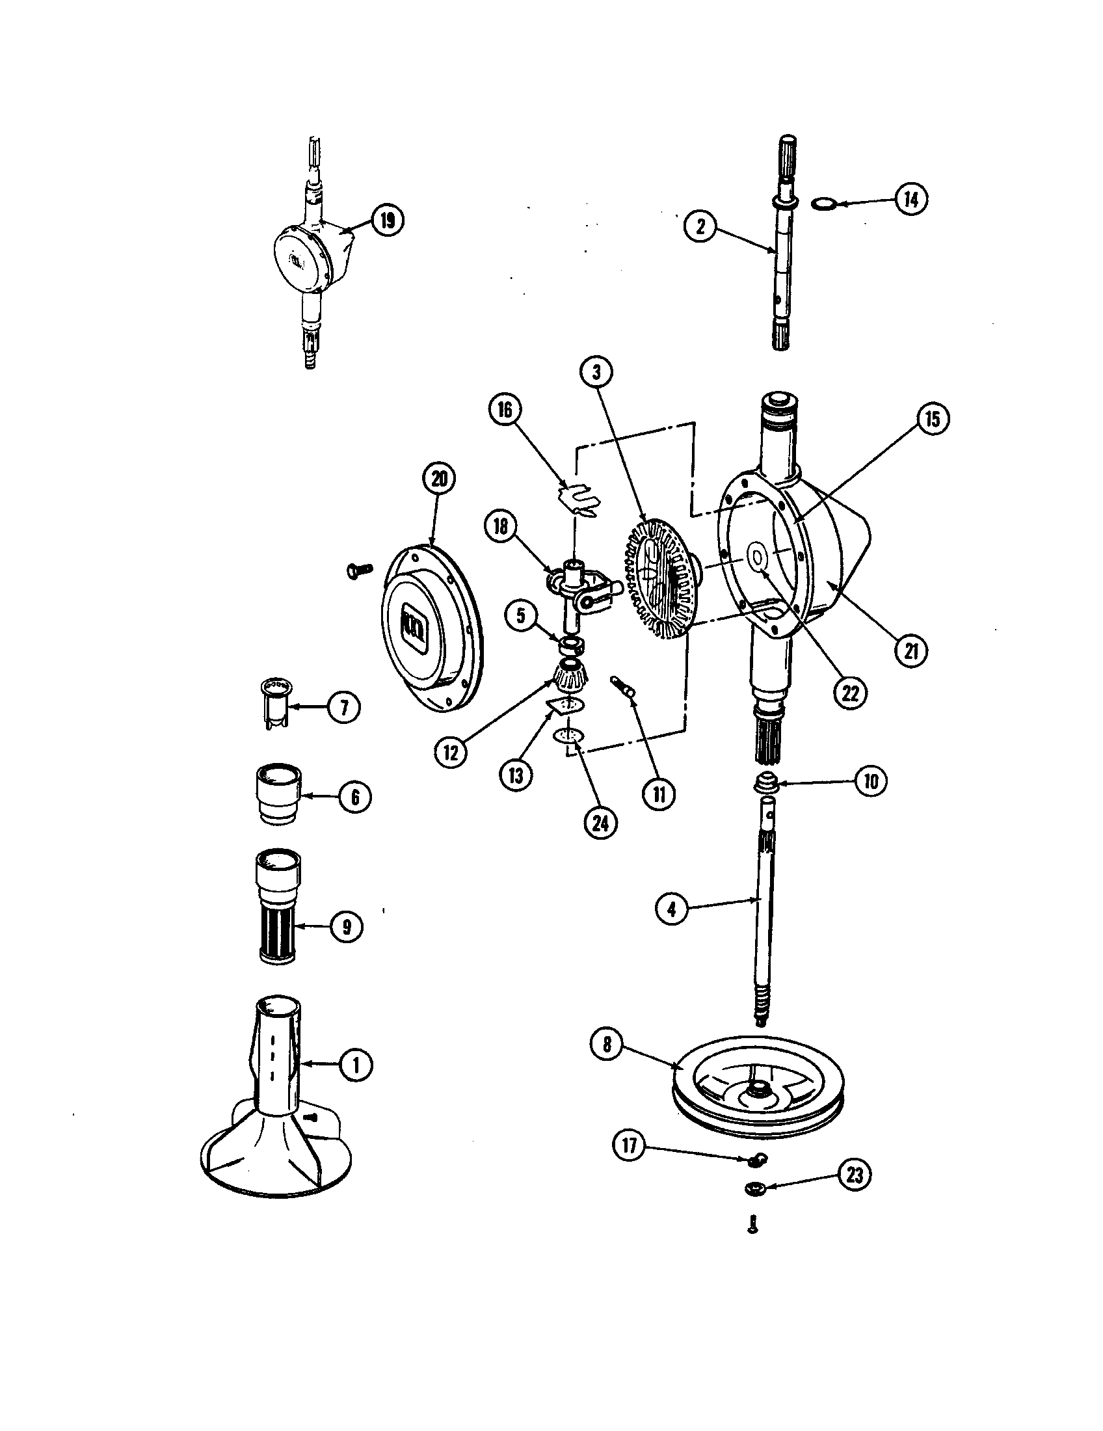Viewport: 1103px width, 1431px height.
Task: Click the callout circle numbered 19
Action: point(387,221)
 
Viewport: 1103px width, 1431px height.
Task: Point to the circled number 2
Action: point(701,227)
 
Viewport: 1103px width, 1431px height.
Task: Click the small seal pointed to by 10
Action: point(766,783)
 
